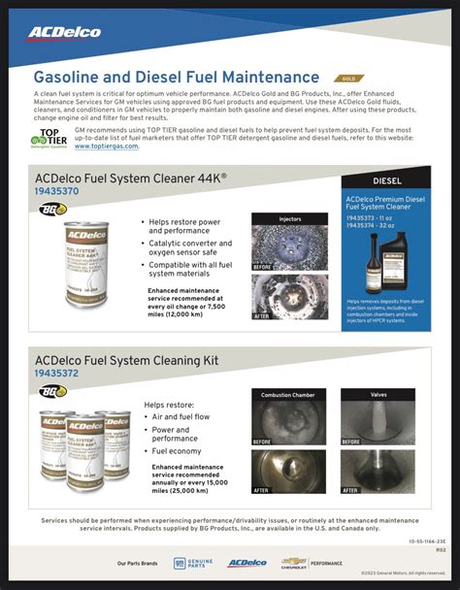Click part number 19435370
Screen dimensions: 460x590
tap(57, 192)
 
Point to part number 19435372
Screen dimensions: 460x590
tap(57, 374)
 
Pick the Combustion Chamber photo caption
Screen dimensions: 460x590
tap(285, 395)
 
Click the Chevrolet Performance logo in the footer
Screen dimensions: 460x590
tap(312, 562)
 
